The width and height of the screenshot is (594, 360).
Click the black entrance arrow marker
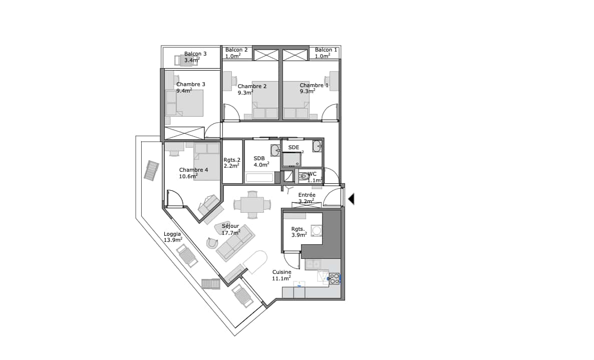pyautogui.click(x=351, y=199)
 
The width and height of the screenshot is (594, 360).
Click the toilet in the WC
pyautogui.click(x=304, y=176)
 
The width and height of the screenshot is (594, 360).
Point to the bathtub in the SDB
pyautogui.click(x=259, y=178)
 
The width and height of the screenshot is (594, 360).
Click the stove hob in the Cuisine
pyautogui.click(x=334, y=278)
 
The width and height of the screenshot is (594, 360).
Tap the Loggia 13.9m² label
pyautogui.click(x=173, y=237)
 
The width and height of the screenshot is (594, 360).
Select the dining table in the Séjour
pyautogui.click(x=252, y=205)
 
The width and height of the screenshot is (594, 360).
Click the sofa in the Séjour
pyautogui.click(x=235, y=243)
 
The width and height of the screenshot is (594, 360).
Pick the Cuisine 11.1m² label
pyautogui.click(x=281, y=275)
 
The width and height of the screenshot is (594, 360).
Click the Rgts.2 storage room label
pyautogui.click(x=232, y=163)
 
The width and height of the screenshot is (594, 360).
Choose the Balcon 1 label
pyautogui.click(x=326, y=53)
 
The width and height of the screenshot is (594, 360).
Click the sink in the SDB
pyautogui.click(x=275, y=150)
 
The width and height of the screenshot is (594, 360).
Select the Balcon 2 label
pyautogui.click(x=236, y=53)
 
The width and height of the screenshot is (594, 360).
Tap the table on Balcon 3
pyautogui.click(x=186, y=61)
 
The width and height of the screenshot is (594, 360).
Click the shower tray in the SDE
pyautogui.click(x=292, y=159)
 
